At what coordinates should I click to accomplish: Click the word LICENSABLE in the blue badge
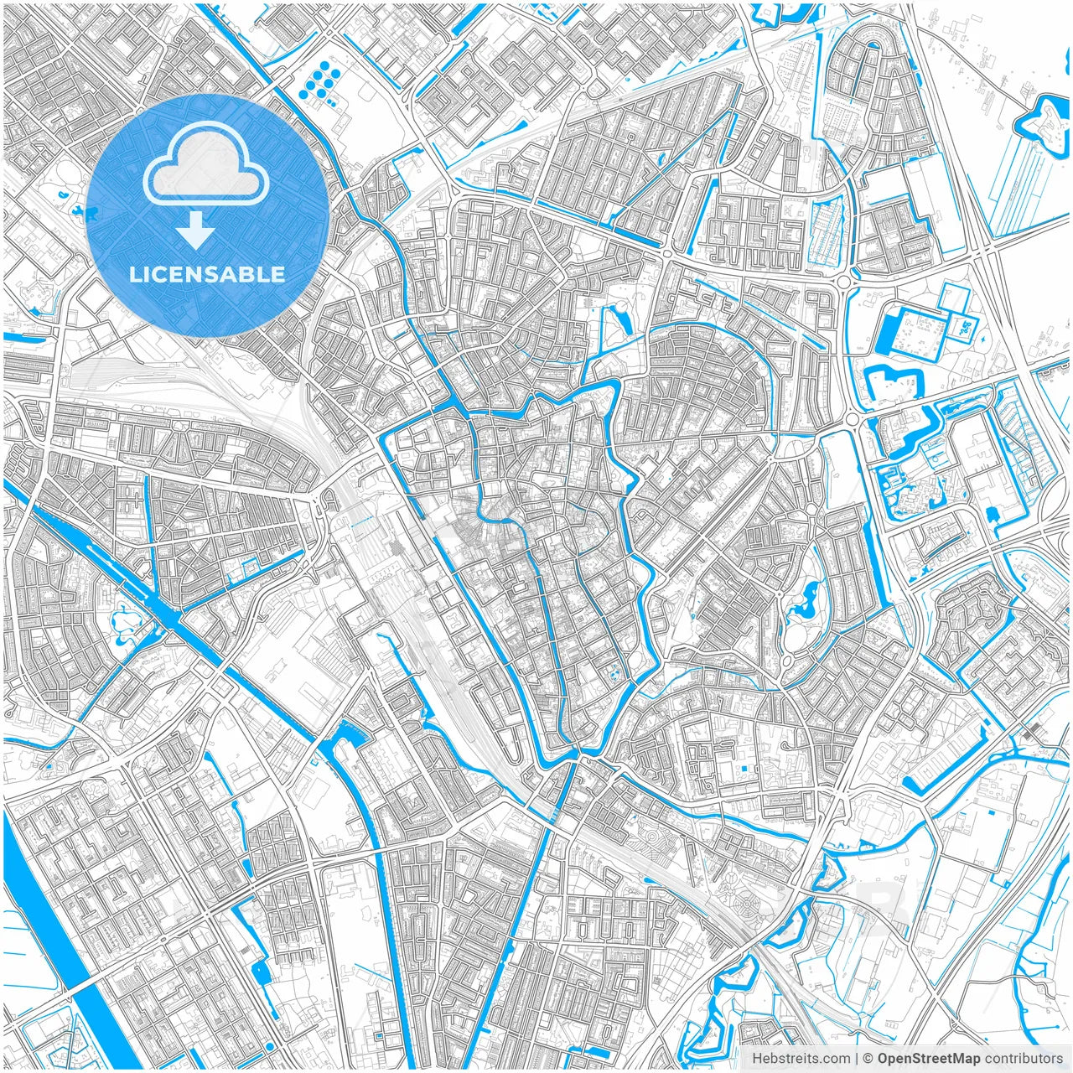[x=207, y=274]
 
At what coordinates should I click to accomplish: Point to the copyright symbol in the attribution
[x=868, y=1059]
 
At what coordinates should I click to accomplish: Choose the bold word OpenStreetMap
[x=928, y=1059]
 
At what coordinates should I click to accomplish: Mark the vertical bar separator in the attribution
[x=857, y=1059]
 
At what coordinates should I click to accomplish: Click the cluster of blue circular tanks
[x=319, y=80]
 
